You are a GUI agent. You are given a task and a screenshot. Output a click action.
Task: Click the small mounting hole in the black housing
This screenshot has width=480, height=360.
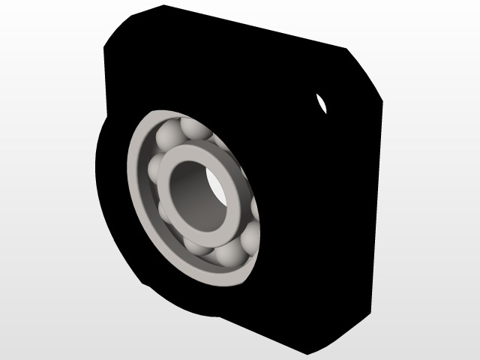click(x=322, y=103)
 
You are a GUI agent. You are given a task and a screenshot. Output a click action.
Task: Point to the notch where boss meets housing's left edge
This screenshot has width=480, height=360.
click(x=105, y=120)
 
